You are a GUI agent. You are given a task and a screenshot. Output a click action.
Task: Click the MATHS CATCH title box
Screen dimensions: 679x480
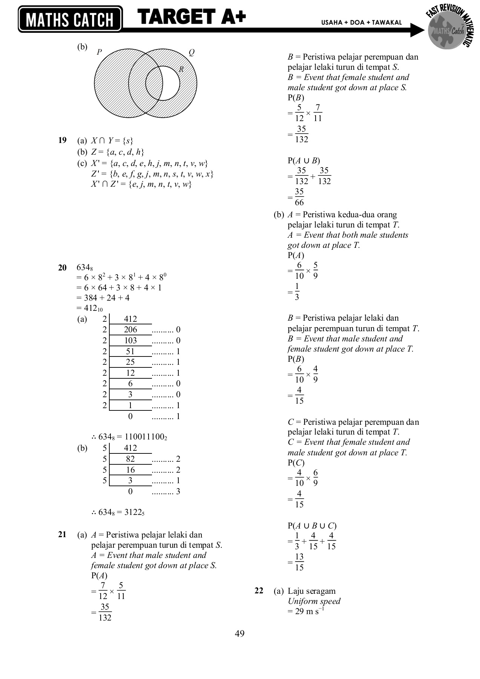pos(70,19)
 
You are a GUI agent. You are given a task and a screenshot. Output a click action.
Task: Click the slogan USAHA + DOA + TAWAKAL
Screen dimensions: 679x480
pos(361,23)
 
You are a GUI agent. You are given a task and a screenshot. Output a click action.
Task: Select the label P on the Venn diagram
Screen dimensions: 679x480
pos(99,52)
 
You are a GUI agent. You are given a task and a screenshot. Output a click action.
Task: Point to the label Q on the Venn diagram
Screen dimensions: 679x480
pos(192,52)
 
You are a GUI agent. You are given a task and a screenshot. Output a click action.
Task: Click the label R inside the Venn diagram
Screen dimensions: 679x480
pos(181,69)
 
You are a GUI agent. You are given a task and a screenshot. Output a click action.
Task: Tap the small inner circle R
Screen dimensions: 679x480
pos(163,83)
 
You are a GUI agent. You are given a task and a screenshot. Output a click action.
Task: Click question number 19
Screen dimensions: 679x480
pos(62,141)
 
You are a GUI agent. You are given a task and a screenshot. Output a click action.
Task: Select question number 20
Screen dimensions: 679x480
pos(62,268)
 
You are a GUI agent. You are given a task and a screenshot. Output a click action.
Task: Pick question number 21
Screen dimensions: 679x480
pos(62,535)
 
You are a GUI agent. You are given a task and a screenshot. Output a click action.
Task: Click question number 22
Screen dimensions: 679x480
pos(259,591)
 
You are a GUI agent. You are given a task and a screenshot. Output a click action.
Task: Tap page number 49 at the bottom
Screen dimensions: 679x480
pos(240,634)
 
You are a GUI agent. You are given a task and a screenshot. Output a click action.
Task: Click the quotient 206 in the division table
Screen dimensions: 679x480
pos(130,330)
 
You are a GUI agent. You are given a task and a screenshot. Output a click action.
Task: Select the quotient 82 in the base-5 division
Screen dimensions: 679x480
pos(130,459)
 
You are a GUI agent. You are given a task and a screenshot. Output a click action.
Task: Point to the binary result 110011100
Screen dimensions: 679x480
pos(143,437)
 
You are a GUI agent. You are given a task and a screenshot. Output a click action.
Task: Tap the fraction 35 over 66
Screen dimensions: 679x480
pos(299,197)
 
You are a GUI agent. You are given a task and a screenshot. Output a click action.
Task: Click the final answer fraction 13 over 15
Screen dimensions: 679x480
pos(299,562)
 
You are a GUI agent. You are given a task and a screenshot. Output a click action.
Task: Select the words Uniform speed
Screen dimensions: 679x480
pos(314,601)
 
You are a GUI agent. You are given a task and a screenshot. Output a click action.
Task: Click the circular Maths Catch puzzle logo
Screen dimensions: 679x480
pos(448,32)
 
